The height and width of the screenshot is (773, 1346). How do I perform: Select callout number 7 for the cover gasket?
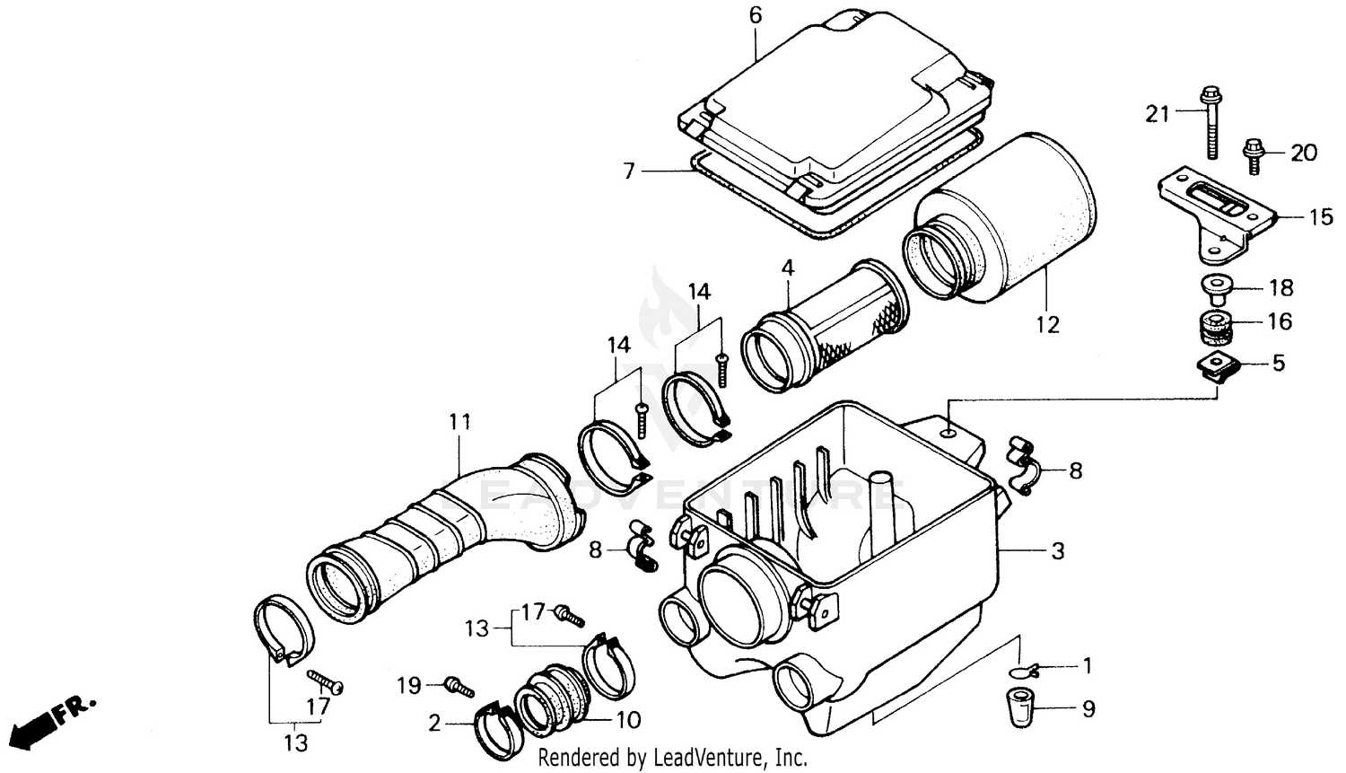629,170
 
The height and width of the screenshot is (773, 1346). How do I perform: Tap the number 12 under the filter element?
1047,324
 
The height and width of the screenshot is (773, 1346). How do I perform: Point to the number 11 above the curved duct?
459,421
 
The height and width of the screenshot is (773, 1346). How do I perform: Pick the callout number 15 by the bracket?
1321,216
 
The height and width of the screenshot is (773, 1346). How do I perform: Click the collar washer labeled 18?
1216,287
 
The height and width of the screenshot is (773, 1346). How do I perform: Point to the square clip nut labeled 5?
1218,366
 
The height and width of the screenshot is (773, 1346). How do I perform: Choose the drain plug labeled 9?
1018,707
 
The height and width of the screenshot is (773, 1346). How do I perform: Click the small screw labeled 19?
459,688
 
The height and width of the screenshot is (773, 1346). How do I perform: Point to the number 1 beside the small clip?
1088,666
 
